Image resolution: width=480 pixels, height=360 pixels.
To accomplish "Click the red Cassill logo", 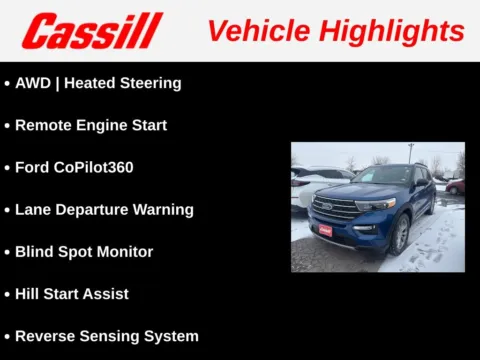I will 92,31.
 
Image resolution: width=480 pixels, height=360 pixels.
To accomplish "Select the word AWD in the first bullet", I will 33,83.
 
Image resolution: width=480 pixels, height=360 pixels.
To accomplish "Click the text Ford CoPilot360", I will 74,167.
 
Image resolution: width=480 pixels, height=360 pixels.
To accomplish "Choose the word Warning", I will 163,209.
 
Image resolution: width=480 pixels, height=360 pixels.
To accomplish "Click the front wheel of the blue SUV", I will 401,234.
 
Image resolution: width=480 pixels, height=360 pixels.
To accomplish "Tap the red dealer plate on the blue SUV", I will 325,229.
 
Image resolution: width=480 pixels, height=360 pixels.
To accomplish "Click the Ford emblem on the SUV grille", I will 327,207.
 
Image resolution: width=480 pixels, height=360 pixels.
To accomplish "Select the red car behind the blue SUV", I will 456,186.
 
